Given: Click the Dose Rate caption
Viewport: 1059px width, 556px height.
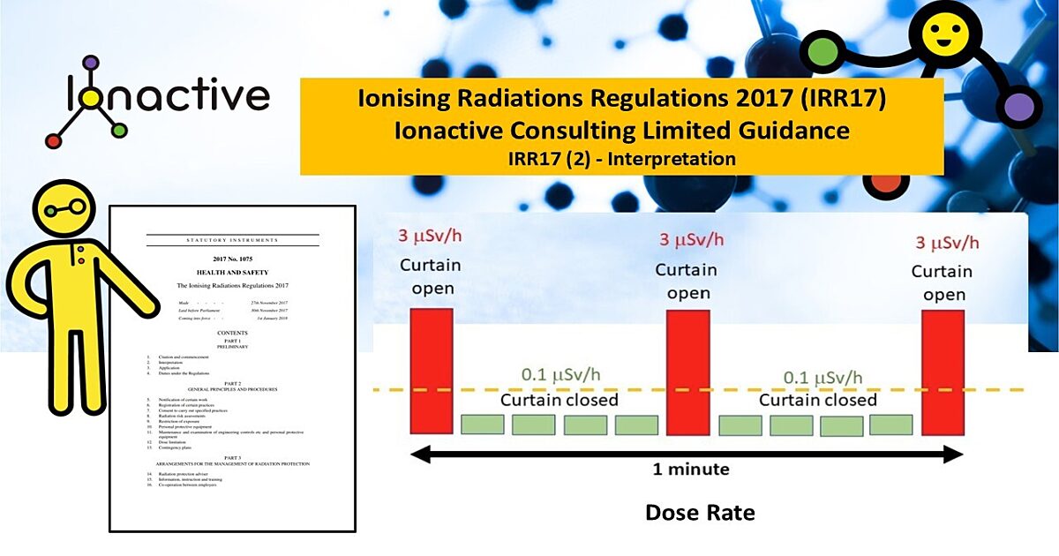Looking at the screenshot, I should pos(700,512).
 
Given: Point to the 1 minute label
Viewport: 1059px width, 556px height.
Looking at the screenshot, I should pos(691,469).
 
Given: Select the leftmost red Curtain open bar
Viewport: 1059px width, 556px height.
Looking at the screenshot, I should pos(432,372).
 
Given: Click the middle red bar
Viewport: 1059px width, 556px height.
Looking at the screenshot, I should pos(687,372).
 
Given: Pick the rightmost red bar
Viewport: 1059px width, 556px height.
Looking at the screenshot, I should pos(943,372).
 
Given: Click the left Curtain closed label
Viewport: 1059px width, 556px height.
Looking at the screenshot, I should pos(560,400).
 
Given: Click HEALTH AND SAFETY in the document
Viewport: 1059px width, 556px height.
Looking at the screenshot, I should pos(232,273).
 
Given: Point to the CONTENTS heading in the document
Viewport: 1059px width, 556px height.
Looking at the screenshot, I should pos(232,333).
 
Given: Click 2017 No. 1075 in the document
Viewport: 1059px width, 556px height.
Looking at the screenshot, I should pos(232,258).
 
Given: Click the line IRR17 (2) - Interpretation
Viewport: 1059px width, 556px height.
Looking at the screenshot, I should pos(622,159).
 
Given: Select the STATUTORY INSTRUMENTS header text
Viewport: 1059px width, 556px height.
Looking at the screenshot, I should pos(232,240).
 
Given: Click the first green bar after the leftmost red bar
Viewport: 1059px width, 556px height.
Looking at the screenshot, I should pos(483,425).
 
